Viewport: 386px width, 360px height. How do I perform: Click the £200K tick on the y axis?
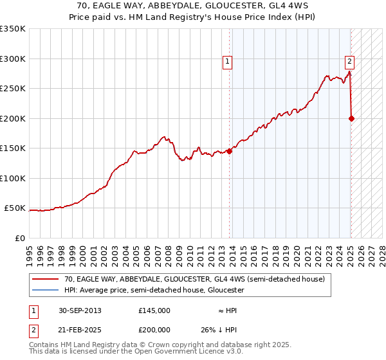pyautogui.click(x=12, y=118)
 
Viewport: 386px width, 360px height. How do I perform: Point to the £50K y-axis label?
pyautogui.click(x=15, y=208)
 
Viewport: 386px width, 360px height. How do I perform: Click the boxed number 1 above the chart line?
pyautogui.click(x=228, y=62)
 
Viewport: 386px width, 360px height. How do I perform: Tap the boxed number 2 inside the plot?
pyautogui.click(x=349, y=62)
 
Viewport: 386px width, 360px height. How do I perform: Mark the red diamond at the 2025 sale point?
pyautogui.click(x=351, y=118)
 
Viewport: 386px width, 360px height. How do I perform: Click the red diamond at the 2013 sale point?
pyautogui.click(x=229, y=151)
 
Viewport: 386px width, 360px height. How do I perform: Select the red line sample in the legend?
pyautogui.click(x=45, y=280)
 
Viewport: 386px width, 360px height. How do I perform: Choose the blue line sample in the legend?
pyautogui.click(x=45, y=290)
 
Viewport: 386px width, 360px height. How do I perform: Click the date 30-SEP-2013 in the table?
pyautogui.click(x=80, y=310)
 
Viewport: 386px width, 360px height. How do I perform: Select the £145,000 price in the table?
pyautogui.click(x=154, y=310)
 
